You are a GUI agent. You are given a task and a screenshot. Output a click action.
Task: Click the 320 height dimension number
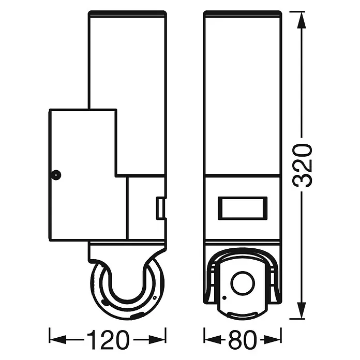[x=302, y=165]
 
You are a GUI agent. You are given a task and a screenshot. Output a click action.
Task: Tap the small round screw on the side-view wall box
[x=56, y=175]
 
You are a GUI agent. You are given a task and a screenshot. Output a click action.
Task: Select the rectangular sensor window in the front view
[x=243, y=208]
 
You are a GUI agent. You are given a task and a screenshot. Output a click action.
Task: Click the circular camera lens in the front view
[x=243, y=283]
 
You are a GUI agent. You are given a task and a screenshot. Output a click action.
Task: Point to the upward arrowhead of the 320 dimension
[x=302, y=20]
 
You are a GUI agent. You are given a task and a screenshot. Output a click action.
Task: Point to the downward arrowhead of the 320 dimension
[x=302, y=310]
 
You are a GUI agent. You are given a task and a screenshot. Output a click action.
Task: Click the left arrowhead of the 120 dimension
[x=58, y=339]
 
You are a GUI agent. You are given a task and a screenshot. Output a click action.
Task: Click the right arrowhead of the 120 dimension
[x=157, y=339]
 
